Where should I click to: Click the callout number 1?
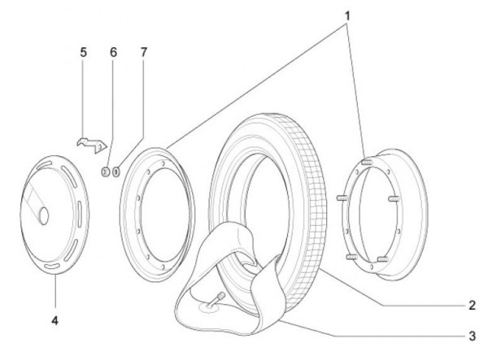(x=347, y=16)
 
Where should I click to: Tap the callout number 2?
(x=472, y=306)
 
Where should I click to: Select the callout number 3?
(x=472, y=336)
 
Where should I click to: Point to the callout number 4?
(x=54, y=320)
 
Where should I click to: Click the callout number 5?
(x=84, y=52)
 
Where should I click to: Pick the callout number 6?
(x=114, y=52)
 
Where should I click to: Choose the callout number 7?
(x=143, y=52)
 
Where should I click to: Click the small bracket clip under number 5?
(x=92, y=145)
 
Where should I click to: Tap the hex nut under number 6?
(x=106, y=171)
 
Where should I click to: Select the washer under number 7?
(x=116, y=171)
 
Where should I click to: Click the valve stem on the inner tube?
(x=216, y=299)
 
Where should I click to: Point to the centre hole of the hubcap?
(x=44, y=215)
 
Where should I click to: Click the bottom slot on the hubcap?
(x=52, y=266)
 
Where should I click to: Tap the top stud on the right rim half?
(x=368, y=162)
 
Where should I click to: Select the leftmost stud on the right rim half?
(x=342, y=197)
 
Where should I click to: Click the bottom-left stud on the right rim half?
(x=352, y=257)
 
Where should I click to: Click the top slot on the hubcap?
(x=44, y=165)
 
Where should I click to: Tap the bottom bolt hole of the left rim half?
(x=163, y=267)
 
